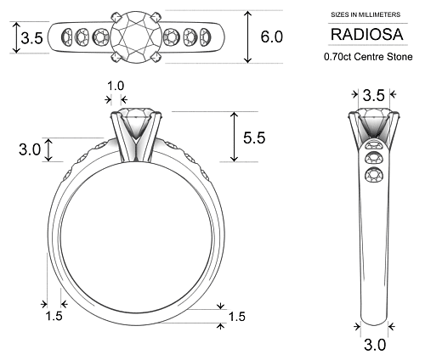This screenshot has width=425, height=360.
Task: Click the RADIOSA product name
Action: pos(368,35)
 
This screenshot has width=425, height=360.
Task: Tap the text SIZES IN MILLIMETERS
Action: pos(368,15)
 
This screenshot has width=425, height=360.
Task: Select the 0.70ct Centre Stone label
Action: pos(368,57)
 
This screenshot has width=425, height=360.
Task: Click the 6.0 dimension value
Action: pos(272,37)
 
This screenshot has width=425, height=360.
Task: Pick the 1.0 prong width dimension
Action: pos(115,86)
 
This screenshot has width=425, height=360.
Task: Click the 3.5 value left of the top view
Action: pos(31,38)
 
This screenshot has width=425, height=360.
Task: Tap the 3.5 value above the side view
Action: pos(373,95)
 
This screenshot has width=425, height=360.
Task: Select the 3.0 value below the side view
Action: pos(374,345)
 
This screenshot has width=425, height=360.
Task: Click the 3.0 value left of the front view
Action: pos(30,149)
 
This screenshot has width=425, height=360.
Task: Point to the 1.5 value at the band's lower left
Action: pos(53,316)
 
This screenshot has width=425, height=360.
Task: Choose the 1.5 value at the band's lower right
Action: pos(236,316)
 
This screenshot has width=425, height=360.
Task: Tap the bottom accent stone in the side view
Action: pos(372,175)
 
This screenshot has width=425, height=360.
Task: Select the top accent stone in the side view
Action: pos(372,144)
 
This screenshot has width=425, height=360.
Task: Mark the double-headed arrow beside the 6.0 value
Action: pos(247,37)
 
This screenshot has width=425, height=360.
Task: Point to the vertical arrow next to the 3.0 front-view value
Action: pos(49,149)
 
